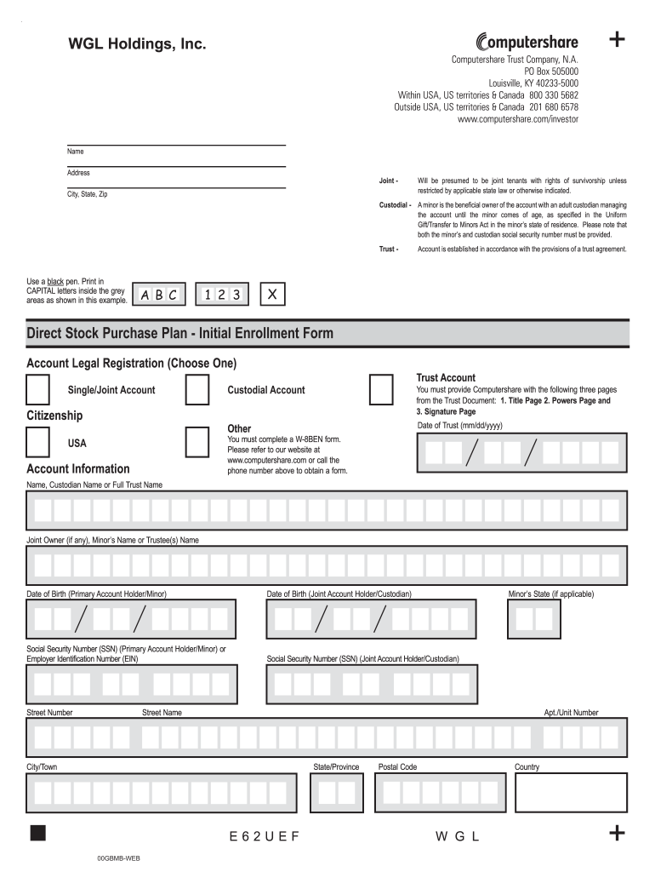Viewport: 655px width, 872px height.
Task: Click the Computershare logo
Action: click(527, 42)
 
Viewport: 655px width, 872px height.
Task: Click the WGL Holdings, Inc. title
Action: click(137, 43)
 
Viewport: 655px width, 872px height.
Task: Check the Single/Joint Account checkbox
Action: click(38, 390)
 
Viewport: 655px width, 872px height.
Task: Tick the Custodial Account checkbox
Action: click(197, 390)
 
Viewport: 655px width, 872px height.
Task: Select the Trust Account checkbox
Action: click(381, 390)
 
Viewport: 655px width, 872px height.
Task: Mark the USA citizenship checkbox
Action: click(38, 443)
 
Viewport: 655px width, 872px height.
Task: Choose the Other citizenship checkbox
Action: click(197, 443)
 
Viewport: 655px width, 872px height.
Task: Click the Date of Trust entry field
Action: click(521, 452)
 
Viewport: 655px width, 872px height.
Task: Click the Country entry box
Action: click(571, 793)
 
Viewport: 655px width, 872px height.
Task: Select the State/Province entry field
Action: click(337, 793)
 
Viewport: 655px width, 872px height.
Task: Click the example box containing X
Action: click(272, 295)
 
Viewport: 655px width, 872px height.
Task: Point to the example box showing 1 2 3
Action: click(222, 295)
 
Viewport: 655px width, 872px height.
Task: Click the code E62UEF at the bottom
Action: click(265, 836)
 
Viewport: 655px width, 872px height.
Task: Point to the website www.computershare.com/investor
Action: click(517, 119)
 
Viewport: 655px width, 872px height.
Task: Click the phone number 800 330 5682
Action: click(554, 95)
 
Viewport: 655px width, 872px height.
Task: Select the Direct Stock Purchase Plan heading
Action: click(180, 333)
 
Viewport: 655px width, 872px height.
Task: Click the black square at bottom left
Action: click(38, 832)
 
